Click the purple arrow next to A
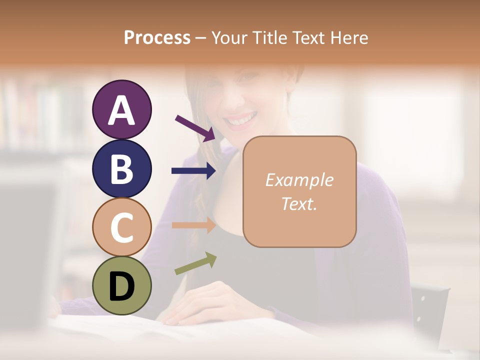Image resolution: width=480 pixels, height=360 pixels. [x=195, y=128]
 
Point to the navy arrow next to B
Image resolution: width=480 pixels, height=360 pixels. [x=194, y=171]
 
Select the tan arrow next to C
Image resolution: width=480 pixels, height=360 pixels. [x=194, y=225]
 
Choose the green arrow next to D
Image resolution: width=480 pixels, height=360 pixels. [x=195, y=263]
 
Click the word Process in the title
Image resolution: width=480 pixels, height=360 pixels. [x=157, y=37]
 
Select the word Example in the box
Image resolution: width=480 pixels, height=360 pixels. [x=299, y=180]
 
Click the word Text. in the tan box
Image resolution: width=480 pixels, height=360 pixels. [x=299, y=204]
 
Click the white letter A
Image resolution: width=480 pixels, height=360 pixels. [x=121, y=111]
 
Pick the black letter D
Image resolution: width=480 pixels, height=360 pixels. [x=121, y=286]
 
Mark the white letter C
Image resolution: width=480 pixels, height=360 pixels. [x=121, y=227]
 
